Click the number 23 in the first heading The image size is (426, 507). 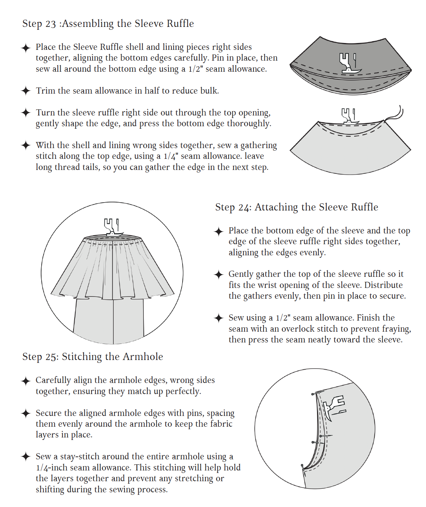(51, 24)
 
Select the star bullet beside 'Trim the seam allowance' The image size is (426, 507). (26, 91)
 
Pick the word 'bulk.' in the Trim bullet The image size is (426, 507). (209, 91)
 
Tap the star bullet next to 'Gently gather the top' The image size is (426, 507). (219, 275)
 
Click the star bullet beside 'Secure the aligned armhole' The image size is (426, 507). (26, 413)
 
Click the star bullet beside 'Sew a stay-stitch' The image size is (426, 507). (26, 457)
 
